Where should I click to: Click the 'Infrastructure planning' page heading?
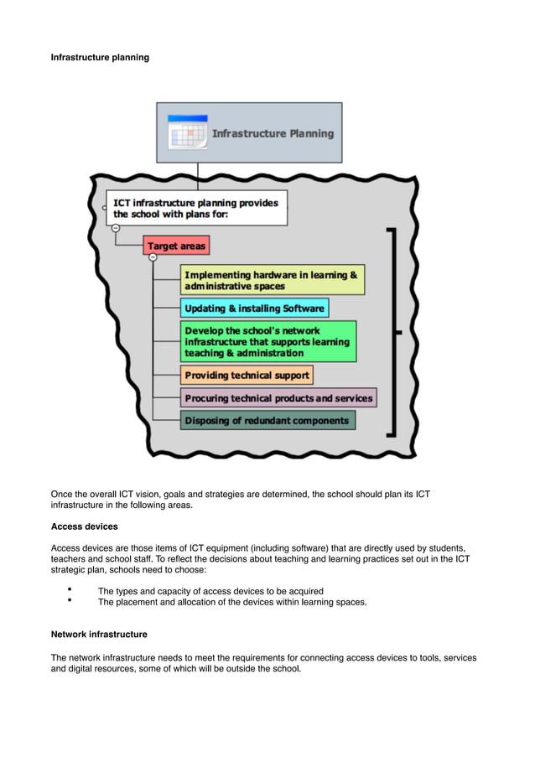tap(100, 57)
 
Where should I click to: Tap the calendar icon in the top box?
tap(187, 132)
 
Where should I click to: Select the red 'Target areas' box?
tap(176, 246)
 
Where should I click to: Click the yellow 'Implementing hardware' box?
tap(273, 280)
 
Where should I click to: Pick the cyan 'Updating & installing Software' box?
tap(254, 308)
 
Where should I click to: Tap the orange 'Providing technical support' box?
tap(247, 375)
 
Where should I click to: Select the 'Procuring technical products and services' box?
tap(278, 397)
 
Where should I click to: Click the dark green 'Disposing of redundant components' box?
tap(267, 420)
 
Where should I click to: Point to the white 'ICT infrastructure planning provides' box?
tap(196, 207)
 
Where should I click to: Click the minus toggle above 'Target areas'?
tap(115, 227)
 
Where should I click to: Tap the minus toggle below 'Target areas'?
tap(153, 257)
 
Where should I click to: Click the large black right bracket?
tap(391, 332)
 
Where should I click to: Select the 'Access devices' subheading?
tap(85, 526)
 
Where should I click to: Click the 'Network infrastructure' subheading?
tap(99, 634)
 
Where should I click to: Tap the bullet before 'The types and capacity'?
tap(70, 590)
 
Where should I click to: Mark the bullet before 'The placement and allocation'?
tap(70, 601)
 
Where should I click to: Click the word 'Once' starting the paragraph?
tap(63, 495)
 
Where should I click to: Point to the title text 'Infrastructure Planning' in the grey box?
tap(273, 133)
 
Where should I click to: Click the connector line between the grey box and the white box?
tap(198, 176)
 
